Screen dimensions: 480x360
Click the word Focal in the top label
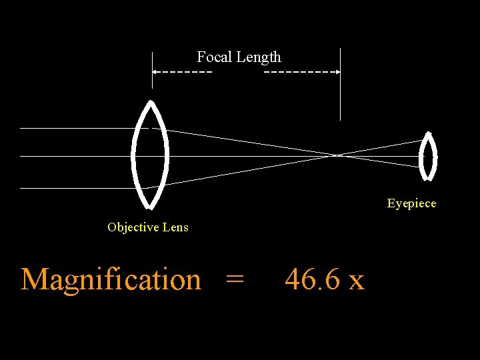pyautogui.click(x=213, y=57)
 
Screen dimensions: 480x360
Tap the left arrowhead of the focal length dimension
pyautogui.click(x=155, y=71)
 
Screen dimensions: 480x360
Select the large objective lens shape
pyautogui.click(x=151, y=155)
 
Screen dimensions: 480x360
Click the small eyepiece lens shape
pyautogui.click(x=427, y=157)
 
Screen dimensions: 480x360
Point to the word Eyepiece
pyautogui.click(x=411, y=203)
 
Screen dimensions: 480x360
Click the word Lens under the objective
pyautogui.click(x=176, y=227)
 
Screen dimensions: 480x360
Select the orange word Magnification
pyautogui.click(x=111, y=279)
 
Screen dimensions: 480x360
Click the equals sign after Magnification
pyautogui.click(x=234, y=279)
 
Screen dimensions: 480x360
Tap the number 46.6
pyautogui.click(x=313, y=279)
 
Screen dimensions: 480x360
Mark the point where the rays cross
pyautogui.click(x=338, y=155)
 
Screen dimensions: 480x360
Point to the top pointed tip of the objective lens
pyautogui.click(x=151, y=101)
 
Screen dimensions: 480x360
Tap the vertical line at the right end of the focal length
pyautogui.click(x=340, y=93)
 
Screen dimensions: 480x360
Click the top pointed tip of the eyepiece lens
pyautogui.click(x=428, y=134)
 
